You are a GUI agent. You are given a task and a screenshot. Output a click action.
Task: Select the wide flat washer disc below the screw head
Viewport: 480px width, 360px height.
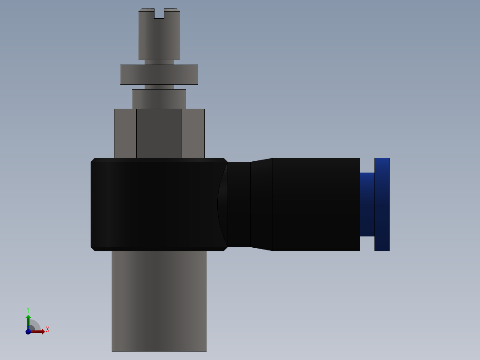click(x=159, y=74)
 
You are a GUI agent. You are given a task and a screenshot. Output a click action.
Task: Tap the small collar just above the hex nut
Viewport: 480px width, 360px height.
click(x=159, y=99)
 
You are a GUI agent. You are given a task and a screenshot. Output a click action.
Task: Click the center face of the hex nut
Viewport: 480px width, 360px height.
click(x=159, y=133)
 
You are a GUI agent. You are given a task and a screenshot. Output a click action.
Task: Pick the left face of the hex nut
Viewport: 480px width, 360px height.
click(x=125, y=133)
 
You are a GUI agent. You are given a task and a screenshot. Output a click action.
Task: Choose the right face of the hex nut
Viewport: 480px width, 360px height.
click(x=193, y=133)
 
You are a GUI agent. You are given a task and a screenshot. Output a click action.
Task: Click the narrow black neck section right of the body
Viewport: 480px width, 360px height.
click(x=239, y=204)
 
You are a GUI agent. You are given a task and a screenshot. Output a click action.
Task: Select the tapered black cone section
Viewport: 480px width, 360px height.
click(x=261, y=204)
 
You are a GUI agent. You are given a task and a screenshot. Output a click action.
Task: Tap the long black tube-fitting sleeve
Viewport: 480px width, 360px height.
click(x=316, y=204)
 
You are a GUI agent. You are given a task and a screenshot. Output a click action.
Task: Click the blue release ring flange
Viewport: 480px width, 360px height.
click(x=382, y=204)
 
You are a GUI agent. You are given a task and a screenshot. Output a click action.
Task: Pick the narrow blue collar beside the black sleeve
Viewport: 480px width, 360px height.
click(x=367, y=204)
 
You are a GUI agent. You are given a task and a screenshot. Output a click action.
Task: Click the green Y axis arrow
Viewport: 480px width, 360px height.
click(x=28, y=320)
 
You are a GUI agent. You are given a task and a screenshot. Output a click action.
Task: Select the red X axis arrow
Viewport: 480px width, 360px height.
click(x=38, y=331)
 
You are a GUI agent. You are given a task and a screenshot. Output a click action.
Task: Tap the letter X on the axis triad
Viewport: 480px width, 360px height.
click(x=47, y=330)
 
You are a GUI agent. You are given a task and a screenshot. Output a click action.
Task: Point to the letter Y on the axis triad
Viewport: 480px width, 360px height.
click(x=28, y=310)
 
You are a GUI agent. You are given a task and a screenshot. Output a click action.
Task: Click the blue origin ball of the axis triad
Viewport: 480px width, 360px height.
click(x=28, y=331)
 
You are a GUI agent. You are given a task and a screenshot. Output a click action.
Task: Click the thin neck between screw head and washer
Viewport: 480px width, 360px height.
click(x=159, y=62)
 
